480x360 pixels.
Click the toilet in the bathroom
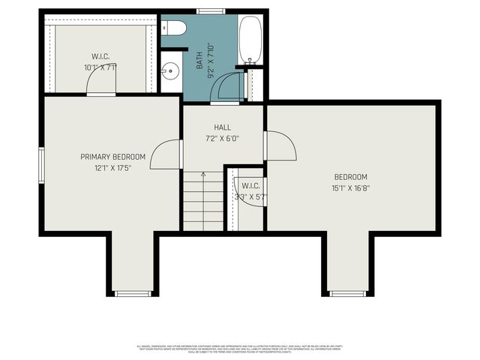[175, 28]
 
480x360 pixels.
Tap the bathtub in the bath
[250, 40]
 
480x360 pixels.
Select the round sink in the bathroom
[171, 73]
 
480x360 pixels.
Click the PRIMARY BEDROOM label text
[113, 157]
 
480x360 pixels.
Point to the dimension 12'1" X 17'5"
[112, 168]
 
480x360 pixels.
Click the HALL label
[223, 127]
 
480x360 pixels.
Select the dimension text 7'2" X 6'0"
[223, 139]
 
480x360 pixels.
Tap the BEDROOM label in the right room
[351, 177]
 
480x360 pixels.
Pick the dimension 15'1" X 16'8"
[351, 188]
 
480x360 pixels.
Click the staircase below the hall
[203, 200]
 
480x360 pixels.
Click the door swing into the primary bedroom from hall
[166, 154]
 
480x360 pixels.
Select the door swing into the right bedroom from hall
[280, 145]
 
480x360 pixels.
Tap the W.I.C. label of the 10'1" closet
[101, 56]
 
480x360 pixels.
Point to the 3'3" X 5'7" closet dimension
[250, 196]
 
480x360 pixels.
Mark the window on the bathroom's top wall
[210, 11]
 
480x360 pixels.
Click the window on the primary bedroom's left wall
[42, 164]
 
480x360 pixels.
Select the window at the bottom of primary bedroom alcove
[133, 293]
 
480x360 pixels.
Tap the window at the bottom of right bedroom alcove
[347, 293]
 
